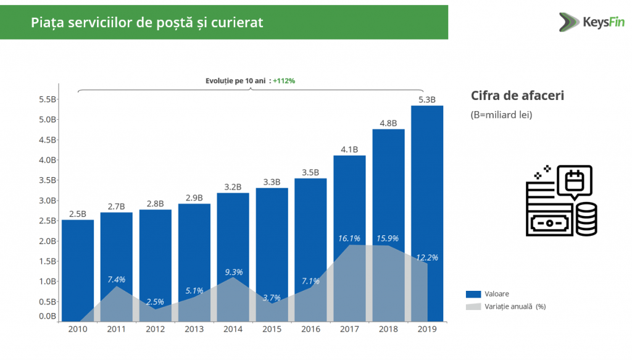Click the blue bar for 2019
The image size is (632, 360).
[427, 185]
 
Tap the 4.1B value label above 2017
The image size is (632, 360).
[349, 149]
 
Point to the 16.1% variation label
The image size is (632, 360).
[349, 238]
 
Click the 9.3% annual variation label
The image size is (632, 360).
[233, 272]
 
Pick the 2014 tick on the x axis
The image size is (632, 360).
[233, 329]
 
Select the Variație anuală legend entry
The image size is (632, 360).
[506, 306]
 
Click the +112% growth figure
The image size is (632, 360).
[284, 81]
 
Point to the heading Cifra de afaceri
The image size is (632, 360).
[517, 96]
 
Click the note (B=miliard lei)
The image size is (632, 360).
[501, 115]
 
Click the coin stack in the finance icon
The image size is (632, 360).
[586, 219]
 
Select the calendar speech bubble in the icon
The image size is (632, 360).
[574, 181]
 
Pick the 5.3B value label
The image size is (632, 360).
[427, 99]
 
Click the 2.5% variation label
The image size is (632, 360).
[156, 302]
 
